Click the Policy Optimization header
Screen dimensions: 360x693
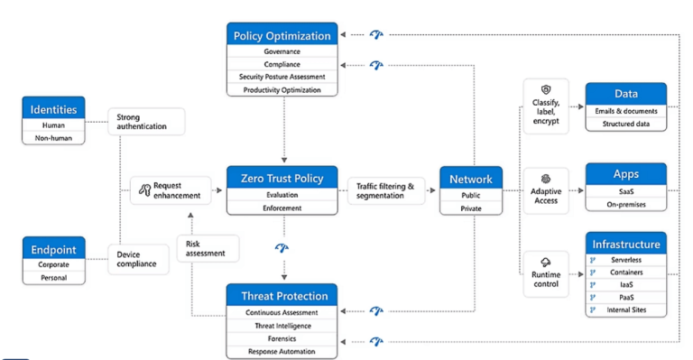(282, 35)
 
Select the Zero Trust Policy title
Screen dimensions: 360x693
(282, 177)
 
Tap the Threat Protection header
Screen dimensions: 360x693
(282, 295)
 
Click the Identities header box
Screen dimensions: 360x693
(53, 109)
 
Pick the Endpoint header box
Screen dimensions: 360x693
(53, 249)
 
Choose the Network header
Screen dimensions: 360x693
(470, 178)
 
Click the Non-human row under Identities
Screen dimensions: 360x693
(53, 138)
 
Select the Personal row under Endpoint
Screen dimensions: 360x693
(53, 278)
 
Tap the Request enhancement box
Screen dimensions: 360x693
(171, 189)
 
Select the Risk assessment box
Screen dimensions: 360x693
(207, 248)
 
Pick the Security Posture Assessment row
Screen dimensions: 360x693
(282, 77)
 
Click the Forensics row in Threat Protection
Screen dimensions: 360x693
(282, 338)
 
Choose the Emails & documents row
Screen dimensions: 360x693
(625, 111)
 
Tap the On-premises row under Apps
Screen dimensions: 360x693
(625, 204)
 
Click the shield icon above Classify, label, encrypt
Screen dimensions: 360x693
(546, 90)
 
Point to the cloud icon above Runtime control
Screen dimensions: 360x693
(546, 262)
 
